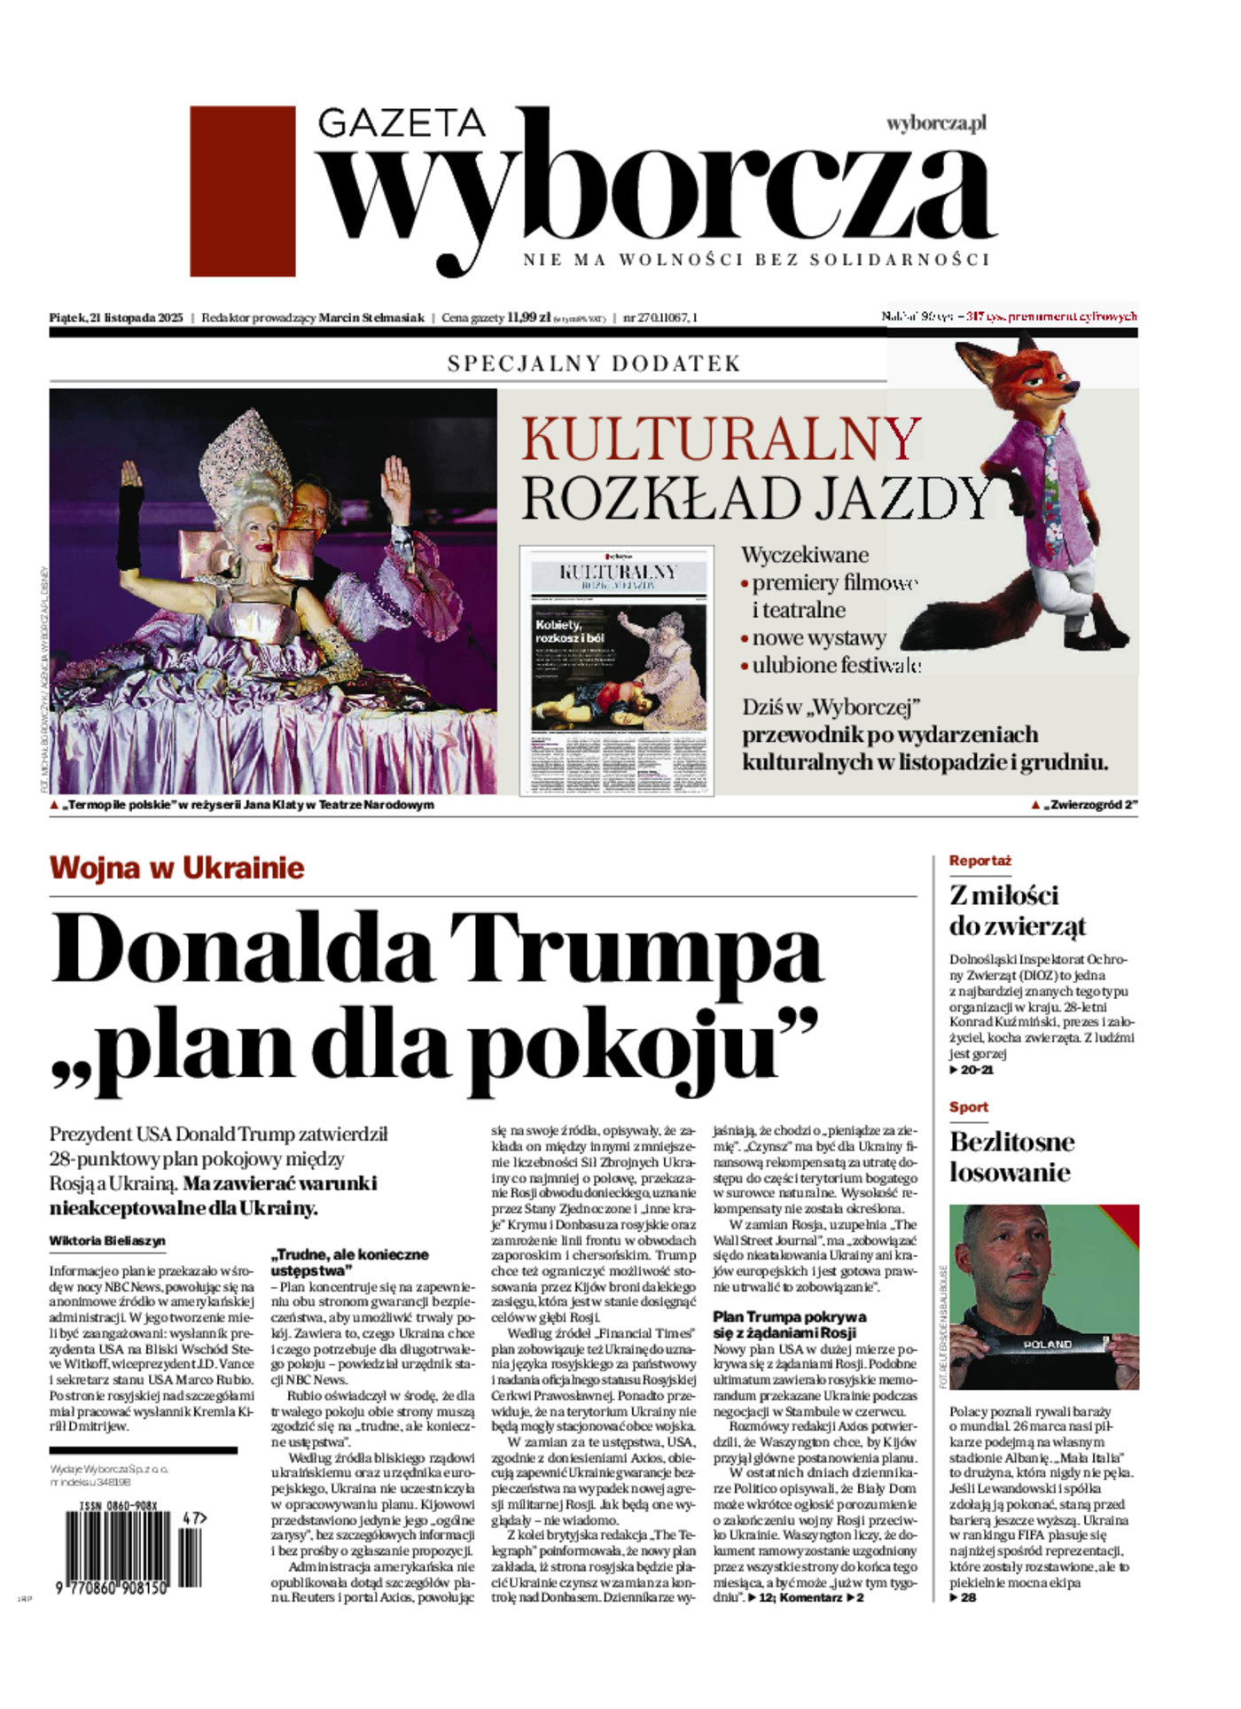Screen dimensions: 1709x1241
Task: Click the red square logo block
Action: pos(242,191)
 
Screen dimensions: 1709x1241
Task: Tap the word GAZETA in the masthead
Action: pos(402,122)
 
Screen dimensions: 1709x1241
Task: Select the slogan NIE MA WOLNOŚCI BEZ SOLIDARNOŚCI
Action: pos(755,260)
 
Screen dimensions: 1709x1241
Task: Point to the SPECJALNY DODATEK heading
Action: pos(594,363)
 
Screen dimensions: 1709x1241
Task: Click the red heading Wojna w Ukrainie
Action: pos(177,867)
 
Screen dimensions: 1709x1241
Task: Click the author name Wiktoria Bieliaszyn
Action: pos(107,1241)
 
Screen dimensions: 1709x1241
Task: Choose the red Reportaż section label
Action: pos(980,861)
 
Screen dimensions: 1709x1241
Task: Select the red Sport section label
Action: pos(968,1107)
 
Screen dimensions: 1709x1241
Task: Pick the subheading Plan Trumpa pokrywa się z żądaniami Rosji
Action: pos(789,1324)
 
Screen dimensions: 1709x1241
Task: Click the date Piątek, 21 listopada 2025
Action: pos(116,317)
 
